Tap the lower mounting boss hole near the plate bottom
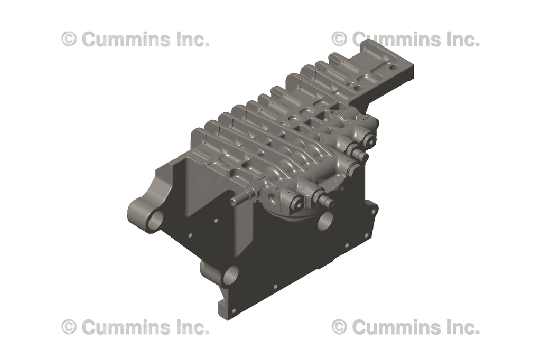pyautogui.click(x=230, y=275)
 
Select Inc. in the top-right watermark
pyautogui.click(x=461, y=40)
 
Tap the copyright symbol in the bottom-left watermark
pyautogui.click(x=69, y=327)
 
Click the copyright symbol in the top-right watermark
pyautogui.click(x=339, y=40)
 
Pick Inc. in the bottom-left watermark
pyautogui.click(x=190, y=327)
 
